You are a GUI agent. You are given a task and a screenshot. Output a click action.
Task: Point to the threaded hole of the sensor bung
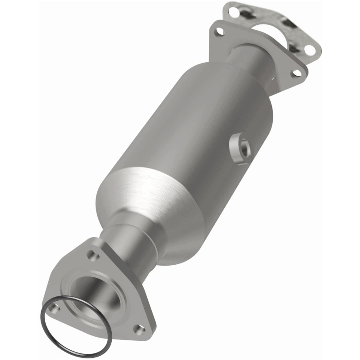coord(244,148)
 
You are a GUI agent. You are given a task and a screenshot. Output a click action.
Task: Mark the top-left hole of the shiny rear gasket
coord(233,12)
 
